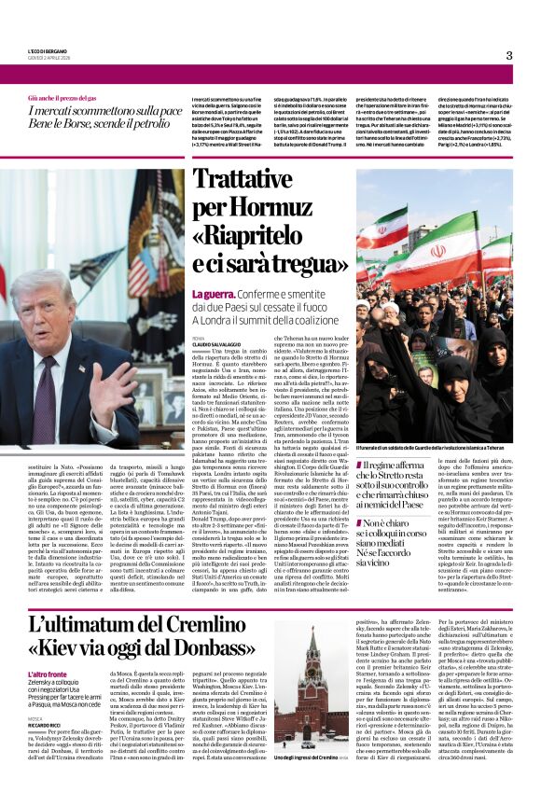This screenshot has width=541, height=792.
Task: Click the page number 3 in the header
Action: pyautogui.click(x=509, y=56)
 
